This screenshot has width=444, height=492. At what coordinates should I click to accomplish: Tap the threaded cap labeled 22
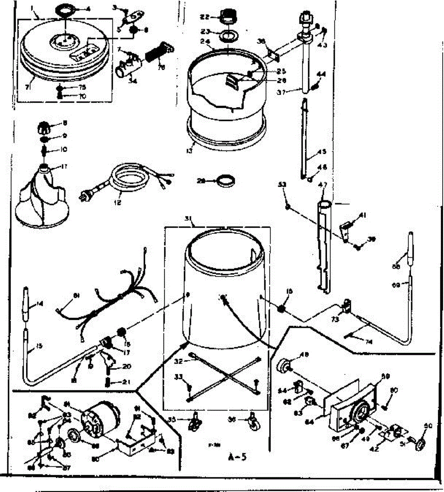pyautogui.click(x=226, y=18)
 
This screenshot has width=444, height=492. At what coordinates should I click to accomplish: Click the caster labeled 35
pyautogui.click(x=193, y=422)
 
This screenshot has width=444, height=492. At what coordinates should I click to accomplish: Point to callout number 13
pyautogui.click(x=189, y=151)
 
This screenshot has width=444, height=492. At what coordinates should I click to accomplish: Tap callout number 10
pyautogui.click(x=63, y=150)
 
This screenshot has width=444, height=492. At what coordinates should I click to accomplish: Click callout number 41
pyautogui.click(x=362, y=215)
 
